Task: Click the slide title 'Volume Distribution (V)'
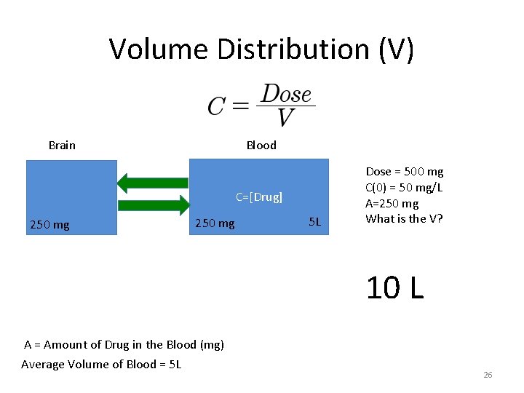click(x=261, y=49)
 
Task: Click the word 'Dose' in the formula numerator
click(x=286, y=95)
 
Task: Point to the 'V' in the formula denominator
click(x=286, y=117)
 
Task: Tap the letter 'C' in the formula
click(x=216, y=107)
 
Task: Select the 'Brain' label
click(x=62, y=145)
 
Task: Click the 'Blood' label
click(x=261, y=145)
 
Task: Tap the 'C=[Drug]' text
click(x=258, y=196)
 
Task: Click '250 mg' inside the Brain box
click(x=49, y=225)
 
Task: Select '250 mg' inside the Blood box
click(x=215, y=223)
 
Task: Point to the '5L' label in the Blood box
click(x=314, y=221)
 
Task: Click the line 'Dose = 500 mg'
click(x=404, y=172)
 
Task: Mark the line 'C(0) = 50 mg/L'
click(x=404, y=188)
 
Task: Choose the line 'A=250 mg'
click(x=392, y=204)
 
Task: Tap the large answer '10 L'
click(x=394, y=288)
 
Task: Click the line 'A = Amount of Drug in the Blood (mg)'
click(x=124, y=344)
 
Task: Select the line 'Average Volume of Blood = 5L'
click(x=101, y=364)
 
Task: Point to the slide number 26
click(x=488, y=375)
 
